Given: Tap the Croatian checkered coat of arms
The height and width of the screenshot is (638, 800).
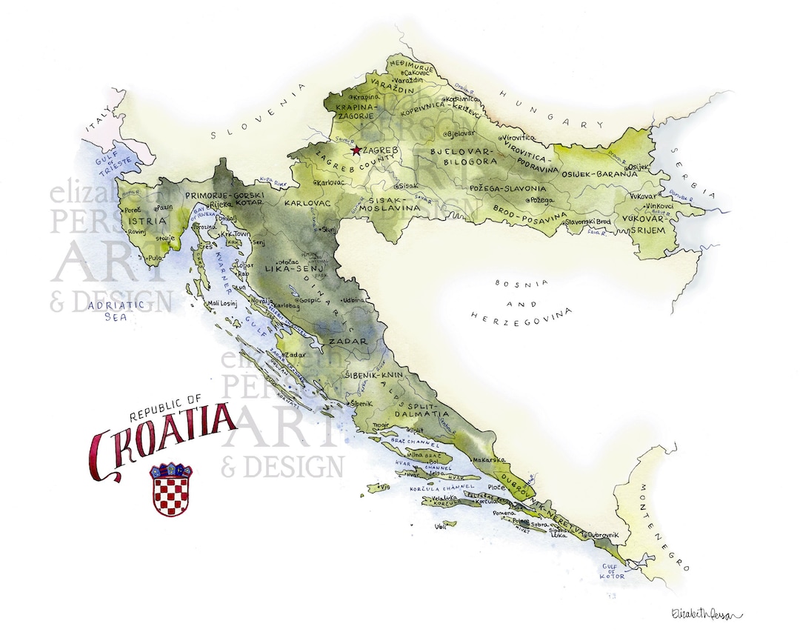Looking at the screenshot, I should click(171, 490).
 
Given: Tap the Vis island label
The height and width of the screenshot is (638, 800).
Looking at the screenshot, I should click(384, 487).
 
